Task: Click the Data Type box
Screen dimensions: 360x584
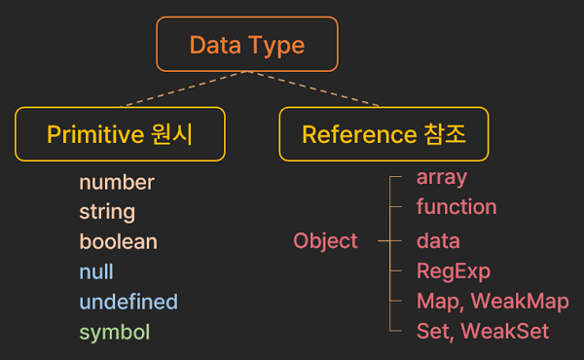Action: tap(247, 44)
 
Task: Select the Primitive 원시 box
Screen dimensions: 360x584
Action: tap(120, 133)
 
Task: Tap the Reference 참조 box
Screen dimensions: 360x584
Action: tap(383, 133)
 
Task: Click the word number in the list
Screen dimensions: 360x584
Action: tap(117, 182)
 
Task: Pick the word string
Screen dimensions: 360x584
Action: tap(107, 211)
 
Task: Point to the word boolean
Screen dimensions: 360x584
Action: tap(118, 241)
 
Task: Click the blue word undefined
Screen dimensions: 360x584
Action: tap(128, 302)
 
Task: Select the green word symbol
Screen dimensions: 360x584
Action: tap(115, 332)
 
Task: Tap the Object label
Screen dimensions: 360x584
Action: tap(326, 240)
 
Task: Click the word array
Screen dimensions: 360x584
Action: tap(442, 177)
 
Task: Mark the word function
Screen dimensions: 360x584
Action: tap(456, 206)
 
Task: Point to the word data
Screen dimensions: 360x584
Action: tap(438, 240)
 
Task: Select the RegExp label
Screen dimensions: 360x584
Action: tap(454, 270)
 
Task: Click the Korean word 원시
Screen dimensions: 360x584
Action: tap(175, 134)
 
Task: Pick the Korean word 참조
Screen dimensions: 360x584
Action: tap(447, 134)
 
